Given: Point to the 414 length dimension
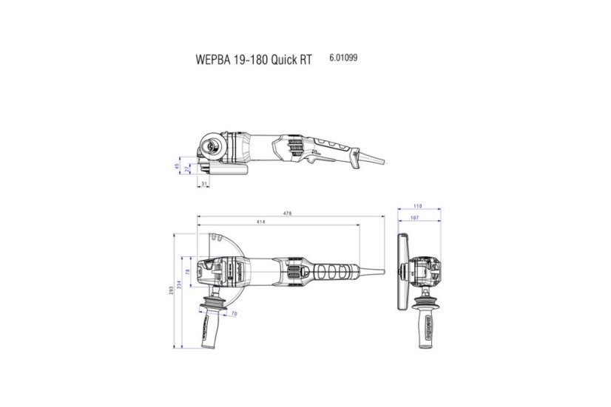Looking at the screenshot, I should pyautogui.click(x=262, y=222).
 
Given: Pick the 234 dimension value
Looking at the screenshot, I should pyautogui.click(x=179, y=286).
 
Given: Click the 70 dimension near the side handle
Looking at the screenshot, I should pyautogui.click(x=234, y=315).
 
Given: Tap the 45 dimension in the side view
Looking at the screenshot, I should pyautogui.click(x=178, y=165).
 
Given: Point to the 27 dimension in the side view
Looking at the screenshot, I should pyautogui.click(x=187, y=169).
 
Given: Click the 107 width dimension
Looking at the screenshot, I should pyautogui.click(x=419, y=218).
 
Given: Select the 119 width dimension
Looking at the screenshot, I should pyautogui.click(x=417, y=207).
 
